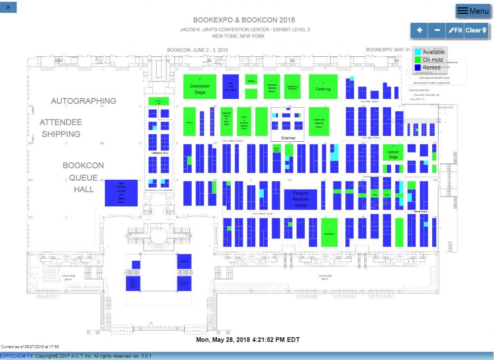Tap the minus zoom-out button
[437, 30]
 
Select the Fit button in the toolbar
[455, 30]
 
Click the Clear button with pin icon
[476, 30]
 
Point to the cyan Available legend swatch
[418, 52]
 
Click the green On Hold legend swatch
[418, 60]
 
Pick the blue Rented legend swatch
[418, 67]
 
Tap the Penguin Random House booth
[300, 199]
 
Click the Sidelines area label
[287, 138]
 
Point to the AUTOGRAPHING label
[83, 101]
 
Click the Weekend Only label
[159, 154]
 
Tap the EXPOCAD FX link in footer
[16, 356]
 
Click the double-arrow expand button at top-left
[8, 7]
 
